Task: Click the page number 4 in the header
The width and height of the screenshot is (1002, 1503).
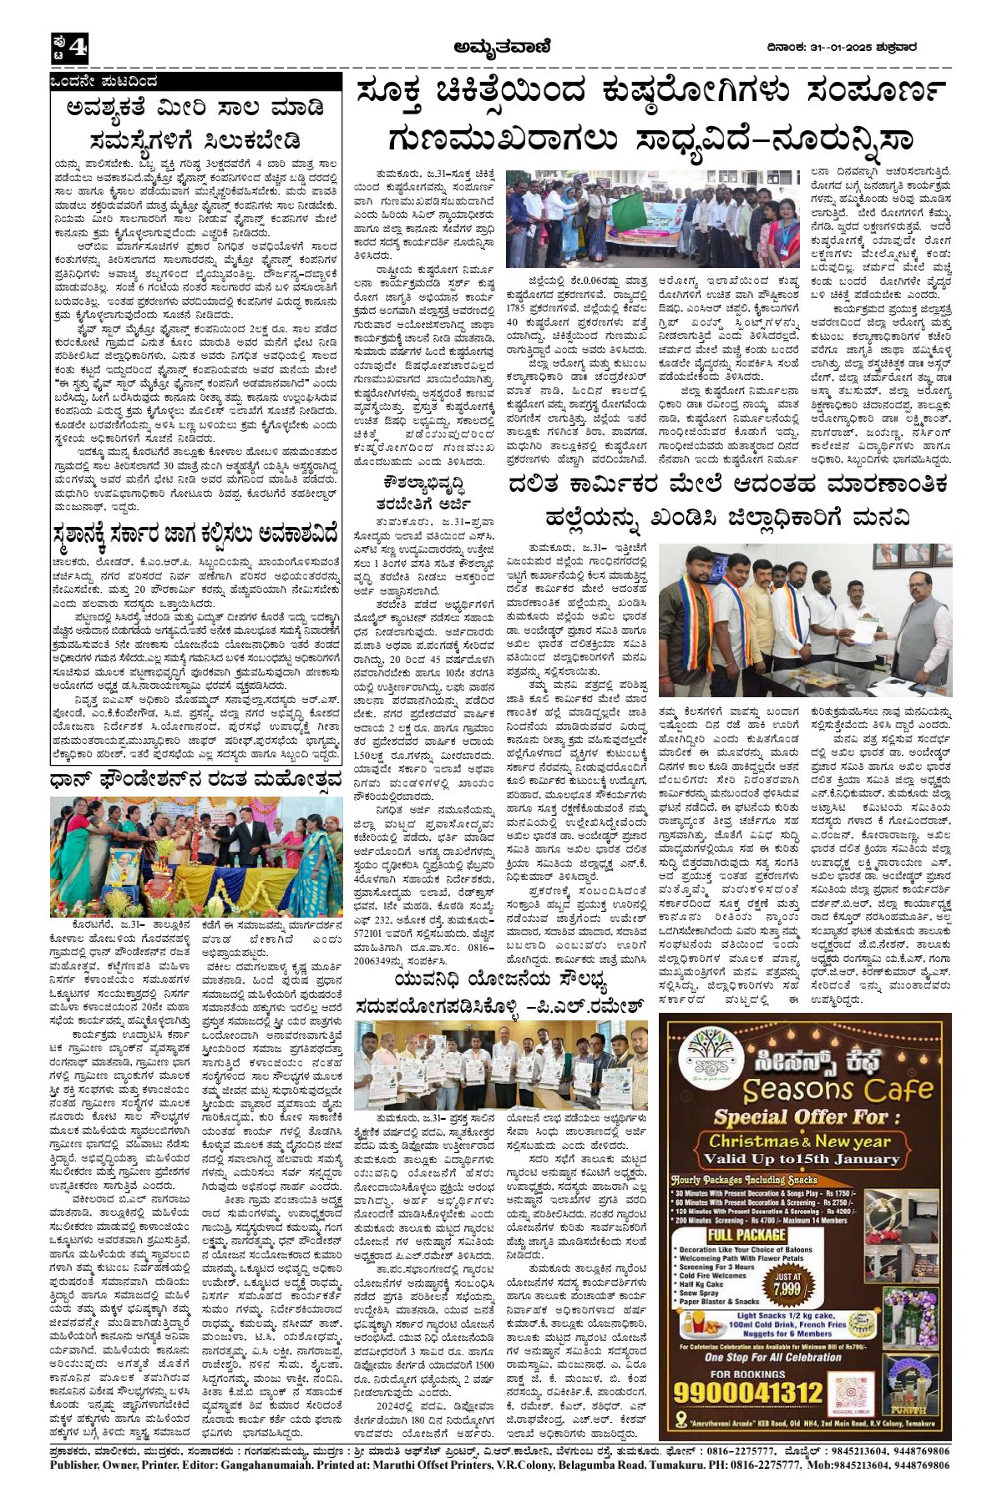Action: (76, 49)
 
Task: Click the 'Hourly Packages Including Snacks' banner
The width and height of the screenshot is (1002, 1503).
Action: (745, 1179)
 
